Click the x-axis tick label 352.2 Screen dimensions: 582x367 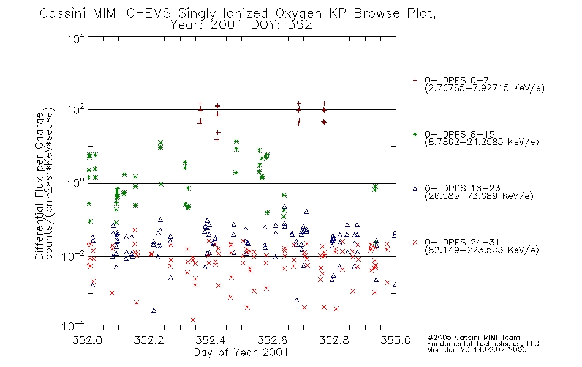[149, 340]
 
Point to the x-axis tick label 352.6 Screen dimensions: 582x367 [273, 340]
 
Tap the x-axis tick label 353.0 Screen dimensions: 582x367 [396, 340]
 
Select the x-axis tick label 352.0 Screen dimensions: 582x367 [87, 340]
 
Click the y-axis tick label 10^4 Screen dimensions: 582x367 [76, 38]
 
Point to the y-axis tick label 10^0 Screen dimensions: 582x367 [76, 182]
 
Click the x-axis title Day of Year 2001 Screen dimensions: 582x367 [241, 352]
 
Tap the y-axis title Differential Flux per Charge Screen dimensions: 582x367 [39, 184]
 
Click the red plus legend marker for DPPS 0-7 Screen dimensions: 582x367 [415, 80]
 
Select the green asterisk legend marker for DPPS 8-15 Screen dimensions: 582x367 [415, 134]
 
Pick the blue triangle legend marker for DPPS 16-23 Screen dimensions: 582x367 [415, 188]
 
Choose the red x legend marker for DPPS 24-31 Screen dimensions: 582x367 [415, 242]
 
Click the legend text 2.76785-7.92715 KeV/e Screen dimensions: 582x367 [485, 88]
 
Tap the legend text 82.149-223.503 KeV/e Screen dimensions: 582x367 [482, 250]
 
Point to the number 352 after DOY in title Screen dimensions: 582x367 [298, 25]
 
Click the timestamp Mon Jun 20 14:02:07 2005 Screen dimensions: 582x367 [477, 350]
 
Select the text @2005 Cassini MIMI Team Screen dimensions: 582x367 [473, 338]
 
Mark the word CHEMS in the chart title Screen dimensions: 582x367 [148, 13]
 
